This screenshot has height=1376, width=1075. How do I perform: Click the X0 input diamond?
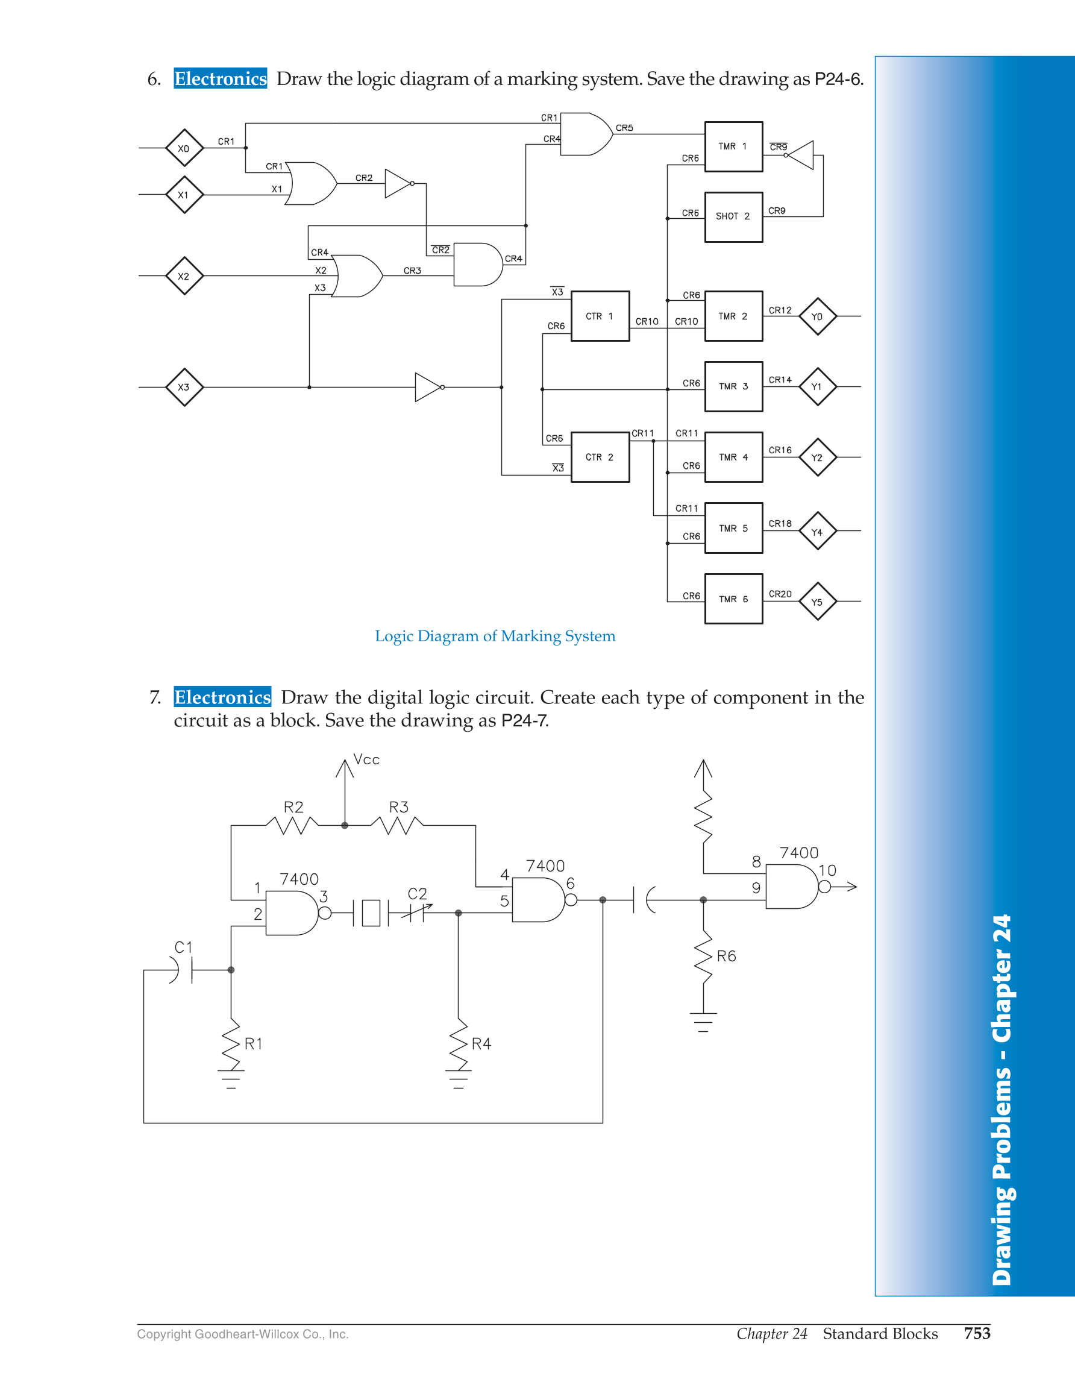click(x=184, y=148)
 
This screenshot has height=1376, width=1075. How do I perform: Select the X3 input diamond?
click(x=184, y=387)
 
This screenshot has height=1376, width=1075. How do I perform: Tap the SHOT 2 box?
click(x=734, y=217)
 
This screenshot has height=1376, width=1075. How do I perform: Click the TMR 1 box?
click(x=734, y=147)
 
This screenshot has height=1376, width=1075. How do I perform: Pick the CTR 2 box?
click(x=600, y=457)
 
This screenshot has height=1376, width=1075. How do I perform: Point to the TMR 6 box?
click(x=734, y=598)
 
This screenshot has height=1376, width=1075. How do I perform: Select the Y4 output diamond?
click(x=818, y=531)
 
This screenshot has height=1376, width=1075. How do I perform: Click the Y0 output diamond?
click(x=818, y=316)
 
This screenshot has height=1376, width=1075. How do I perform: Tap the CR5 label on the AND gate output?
click(x=624, y=128)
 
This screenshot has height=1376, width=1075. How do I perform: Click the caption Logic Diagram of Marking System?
click(x=495, y=636)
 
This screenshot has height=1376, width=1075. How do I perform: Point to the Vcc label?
click(x=366, y=759)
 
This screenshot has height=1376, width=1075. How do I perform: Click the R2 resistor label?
click(x=293, y=807)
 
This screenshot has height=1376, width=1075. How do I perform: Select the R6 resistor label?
click(x=726, y=956)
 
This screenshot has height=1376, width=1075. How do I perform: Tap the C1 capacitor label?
click(x=183, y=947)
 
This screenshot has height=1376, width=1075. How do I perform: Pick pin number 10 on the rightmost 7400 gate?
click(x=827, y=870)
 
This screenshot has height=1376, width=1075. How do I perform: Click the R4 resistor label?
click(x=481, y=1043)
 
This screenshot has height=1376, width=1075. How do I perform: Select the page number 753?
click(x=977, y=1333)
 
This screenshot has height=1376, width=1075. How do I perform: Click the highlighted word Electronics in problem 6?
click(x=221, y=78)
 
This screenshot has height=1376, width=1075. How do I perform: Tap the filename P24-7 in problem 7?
click(x=525, y=720)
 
